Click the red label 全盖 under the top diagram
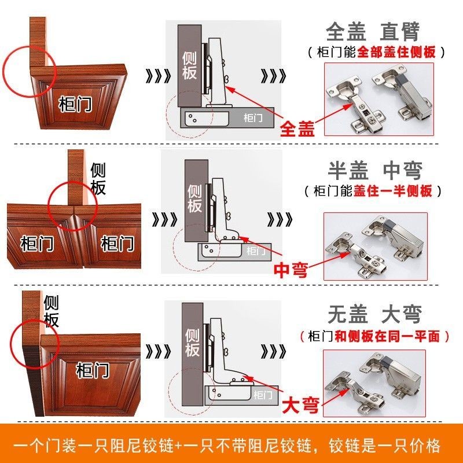point(297,128)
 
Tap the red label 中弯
point(291,270)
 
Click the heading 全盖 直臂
point(373,31)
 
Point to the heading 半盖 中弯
point(375,171)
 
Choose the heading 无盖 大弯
point(374,314)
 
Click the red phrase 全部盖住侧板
point(396,52)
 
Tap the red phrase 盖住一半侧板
point(393,191)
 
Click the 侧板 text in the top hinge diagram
point(189,66)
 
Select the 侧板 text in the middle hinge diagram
point(194,199)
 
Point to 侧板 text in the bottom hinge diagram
point(192,343)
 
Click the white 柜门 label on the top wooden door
point(75,104)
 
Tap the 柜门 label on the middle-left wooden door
point(37,243)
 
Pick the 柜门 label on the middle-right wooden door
point(117,243)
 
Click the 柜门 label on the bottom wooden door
point(93,370)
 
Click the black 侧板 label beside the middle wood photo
point(98,179)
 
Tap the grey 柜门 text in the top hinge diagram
point(253,118)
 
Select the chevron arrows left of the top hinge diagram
point(158,76)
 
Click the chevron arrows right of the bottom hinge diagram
point(273,351)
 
